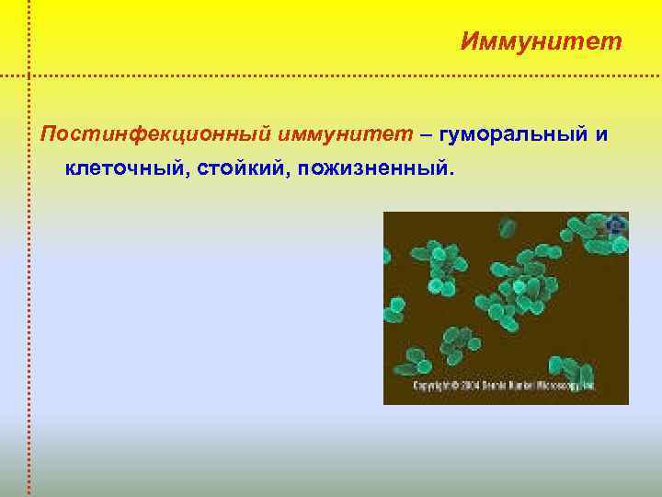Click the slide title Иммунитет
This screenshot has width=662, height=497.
(x=541, y=41)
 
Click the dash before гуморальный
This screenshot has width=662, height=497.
(x=428, y=135)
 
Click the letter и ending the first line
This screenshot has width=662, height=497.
(x=601, y=135)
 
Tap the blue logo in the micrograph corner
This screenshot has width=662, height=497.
(x=615, y=224)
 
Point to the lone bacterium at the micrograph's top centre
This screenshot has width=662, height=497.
(x=507, y=227)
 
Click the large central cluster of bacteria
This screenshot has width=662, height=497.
(x=519, y=290)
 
